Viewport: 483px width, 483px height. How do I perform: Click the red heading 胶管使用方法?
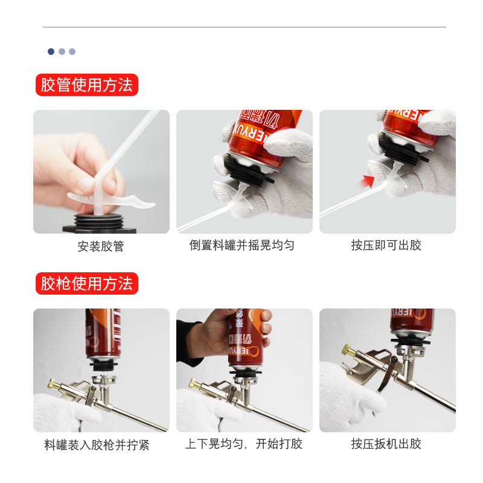point(87,85)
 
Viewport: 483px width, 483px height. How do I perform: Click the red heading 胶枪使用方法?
point(87,283)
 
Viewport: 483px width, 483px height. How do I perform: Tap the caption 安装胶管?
point(101,246)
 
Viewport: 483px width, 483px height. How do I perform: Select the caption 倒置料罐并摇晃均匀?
point(242,245)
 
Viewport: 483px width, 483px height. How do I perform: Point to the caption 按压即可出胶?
point(386,245)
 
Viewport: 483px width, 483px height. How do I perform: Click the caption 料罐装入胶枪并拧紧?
point(97,445)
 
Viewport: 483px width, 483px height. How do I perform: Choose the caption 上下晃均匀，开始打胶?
point(244,444)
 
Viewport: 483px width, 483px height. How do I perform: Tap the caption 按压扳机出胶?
point(386,444)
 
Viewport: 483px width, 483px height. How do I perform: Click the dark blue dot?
point(51,51)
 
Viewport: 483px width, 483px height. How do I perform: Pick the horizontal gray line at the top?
point(245,27)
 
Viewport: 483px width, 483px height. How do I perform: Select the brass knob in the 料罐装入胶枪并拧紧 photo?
point(54,384)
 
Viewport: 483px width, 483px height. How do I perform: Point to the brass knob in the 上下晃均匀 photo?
point(195,384)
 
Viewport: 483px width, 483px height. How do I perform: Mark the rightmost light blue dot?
point(72,51)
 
